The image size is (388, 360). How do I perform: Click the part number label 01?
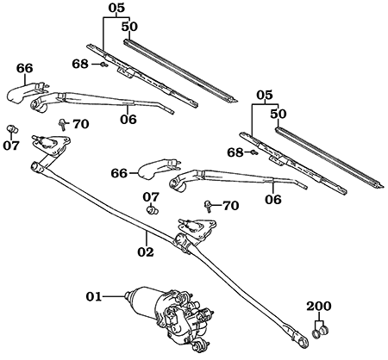94,297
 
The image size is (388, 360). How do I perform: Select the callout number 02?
146,252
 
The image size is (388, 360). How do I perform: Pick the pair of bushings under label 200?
320,327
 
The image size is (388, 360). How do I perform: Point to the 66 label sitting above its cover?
24,68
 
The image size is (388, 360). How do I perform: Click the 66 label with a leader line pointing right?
119,173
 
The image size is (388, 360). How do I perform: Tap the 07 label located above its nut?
151,196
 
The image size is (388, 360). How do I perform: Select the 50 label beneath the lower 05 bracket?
278,113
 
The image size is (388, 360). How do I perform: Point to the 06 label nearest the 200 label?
273,199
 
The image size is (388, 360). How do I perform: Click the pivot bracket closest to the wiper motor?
196,229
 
